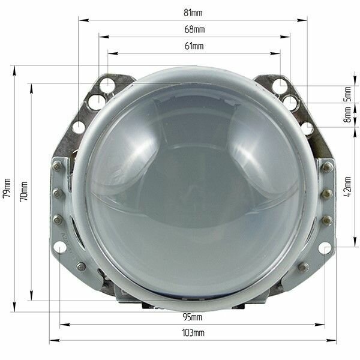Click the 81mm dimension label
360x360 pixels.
193,13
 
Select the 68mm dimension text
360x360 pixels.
194,29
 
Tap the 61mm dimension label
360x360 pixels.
194,46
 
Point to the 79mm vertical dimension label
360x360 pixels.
7,188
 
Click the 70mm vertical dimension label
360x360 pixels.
24,191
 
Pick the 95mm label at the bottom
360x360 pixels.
193,317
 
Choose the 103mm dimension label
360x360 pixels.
193,332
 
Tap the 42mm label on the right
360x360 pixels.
348,187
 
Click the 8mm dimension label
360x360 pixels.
348,115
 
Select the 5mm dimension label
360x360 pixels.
348,94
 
